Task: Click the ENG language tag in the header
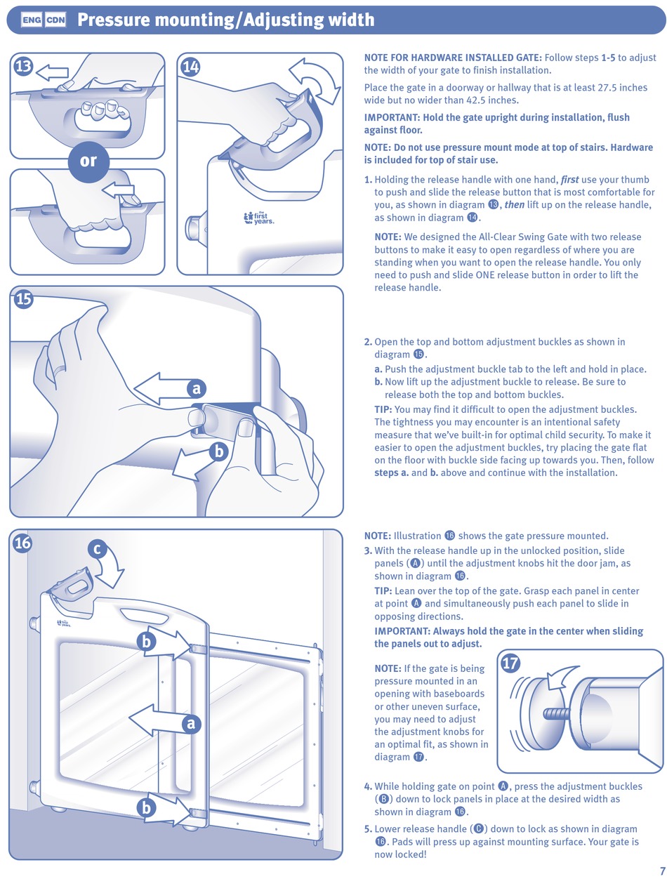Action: (32, 20)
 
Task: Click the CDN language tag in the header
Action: (55, 20)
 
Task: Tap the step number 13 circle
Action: (23, 67)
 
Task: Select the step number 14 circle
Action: (191, 67)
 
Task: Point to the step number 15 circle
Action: (23, 298)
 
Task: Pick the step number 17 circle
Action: (511, 663)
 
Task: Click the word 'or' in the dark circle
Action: (88, 161)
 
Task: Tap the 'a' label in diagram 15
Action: (197, 388)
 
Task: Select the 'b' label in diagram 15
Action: (218, 452)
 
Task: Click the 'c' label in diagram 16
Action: (98, 550)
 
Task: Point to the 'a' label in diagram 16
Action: (190, 723)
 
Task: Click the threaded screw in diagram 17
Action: (555, 714)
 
